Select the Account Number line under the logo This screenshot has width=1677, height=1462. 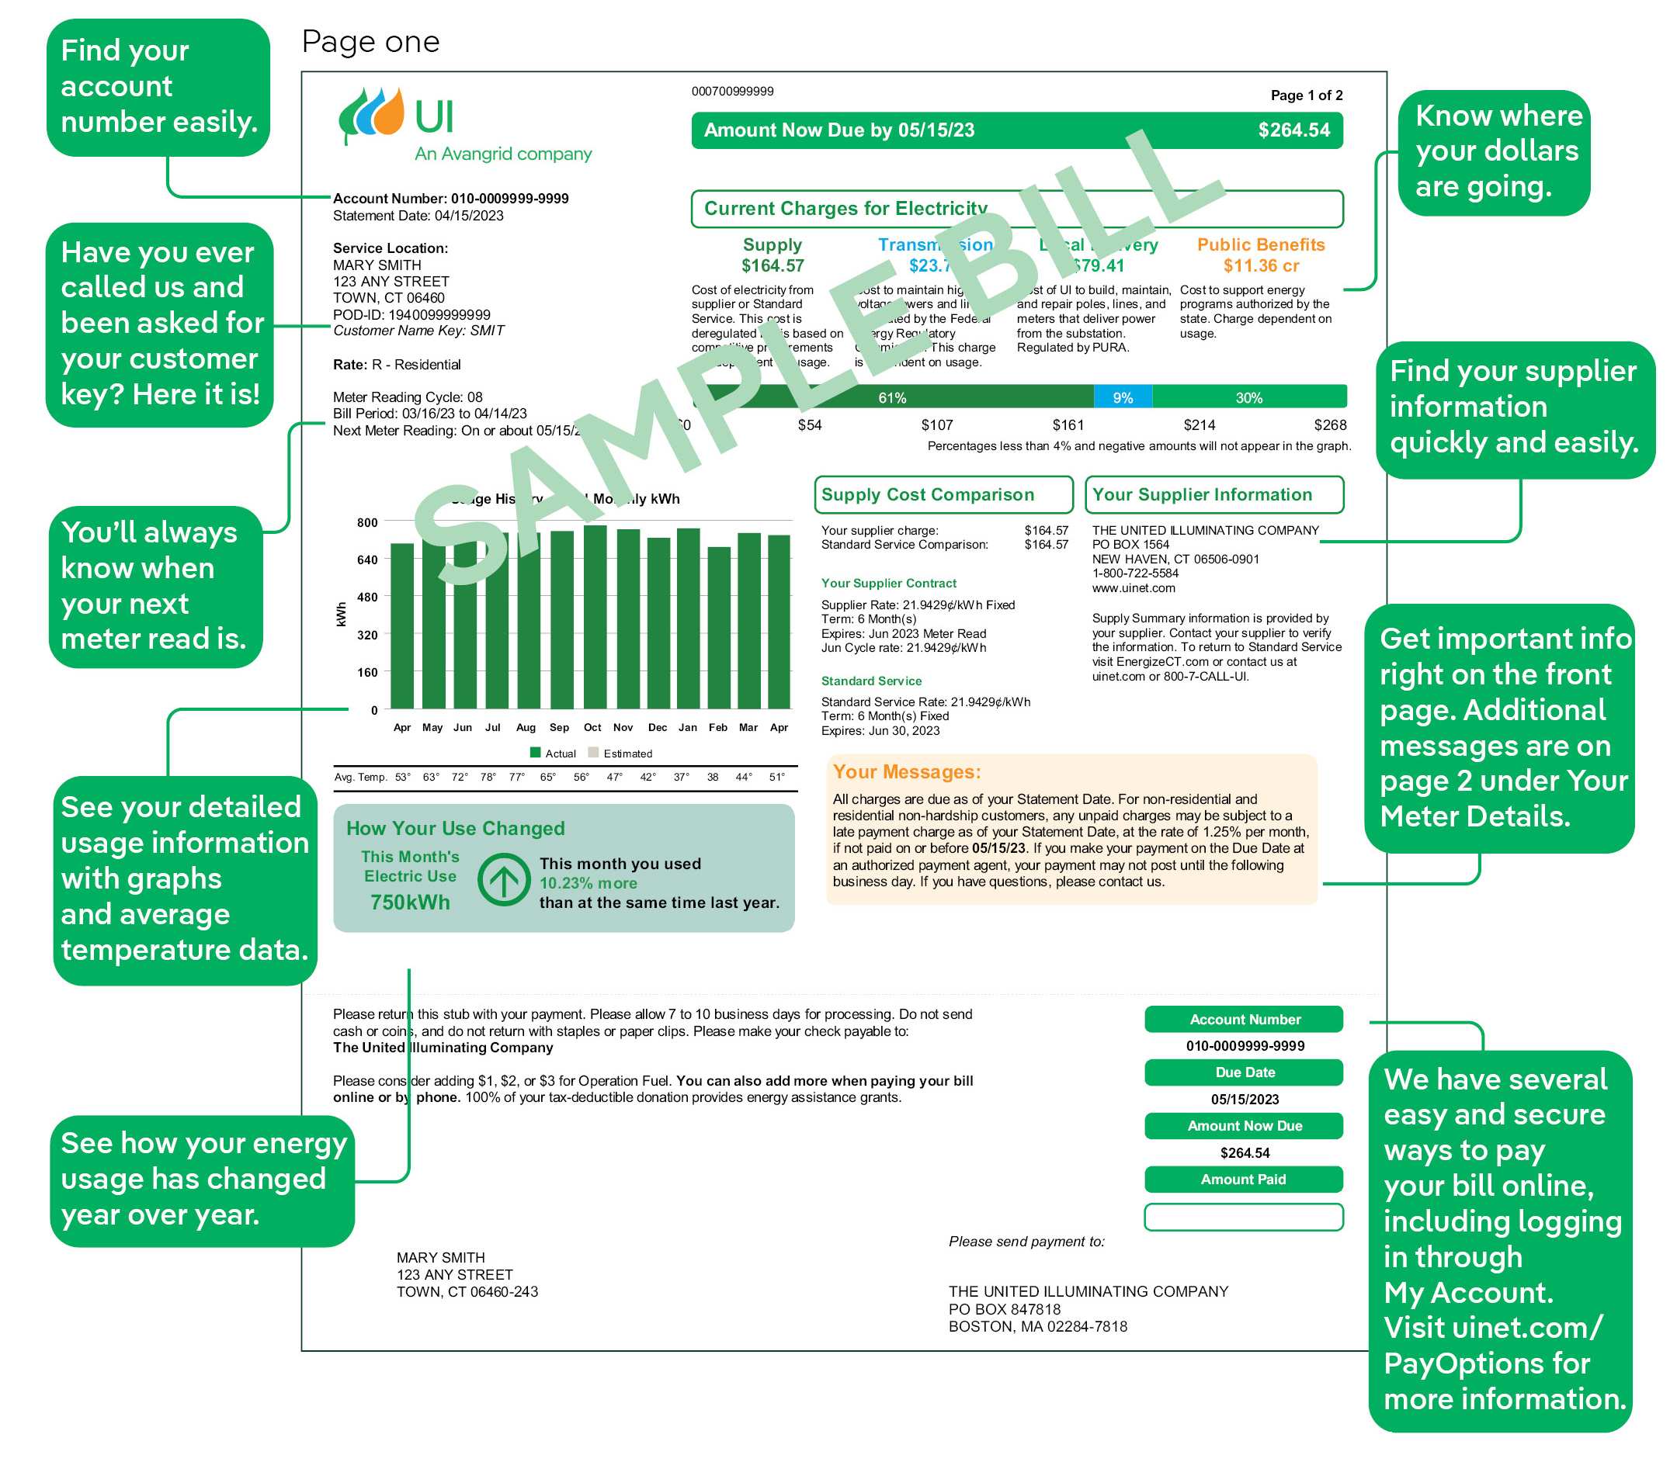coord(450,198)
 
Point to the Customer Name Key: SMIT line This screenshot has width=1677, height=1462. coord(418,331)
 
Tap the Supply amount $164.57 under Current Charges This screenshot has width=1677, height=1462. coord(772,266)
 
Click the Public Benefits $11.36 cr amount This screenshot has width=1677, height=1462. coord(1260,266)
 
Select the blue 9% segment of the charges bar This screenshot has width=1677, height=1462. coord(1122,397)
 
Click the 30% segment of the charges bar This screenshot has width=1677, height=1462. coord(1248,397)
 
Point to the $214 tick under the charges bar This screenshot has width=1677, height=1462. coord(1199,425)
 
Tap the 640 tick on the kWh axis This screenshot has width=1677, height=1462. coord(367,560)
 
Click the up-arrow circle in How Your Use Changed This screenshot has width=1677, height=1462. coord(504,880)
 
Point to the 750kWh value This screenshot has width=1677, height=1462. coord(410,902)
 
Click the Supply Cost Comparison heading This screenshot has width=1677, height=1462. coord(927,495)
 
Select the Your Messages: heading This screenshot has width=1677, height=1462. coord(907,772)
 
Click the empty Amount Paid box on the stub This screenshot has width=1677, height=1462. coord(1243,1218)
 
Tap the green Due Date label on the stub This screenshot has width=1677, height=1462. coord(1243,1073)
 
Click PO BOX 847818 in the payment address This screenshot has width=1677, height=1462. coord(1004,1309)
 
